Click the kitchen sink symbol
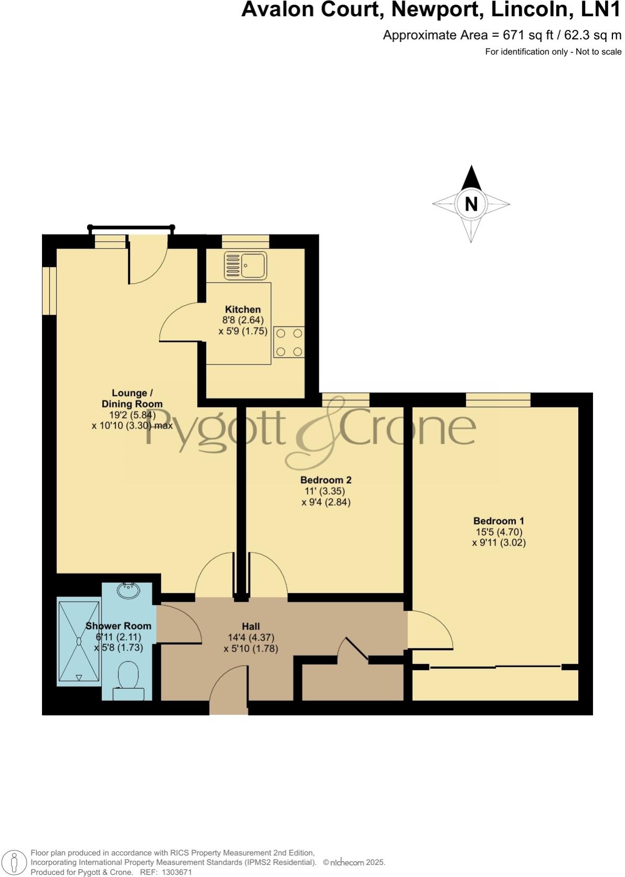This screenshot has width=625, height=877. pyautogui.click(x=245, y=265)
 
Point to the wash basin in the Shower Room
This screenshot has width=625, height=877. pyautogui.click(x=128, y=591)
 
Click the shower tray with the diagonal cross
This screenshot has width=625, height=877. pyautogui.click(x=79, y=641)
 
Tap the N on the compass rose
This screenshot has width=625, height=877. pyautogui.click(x=471, y=204)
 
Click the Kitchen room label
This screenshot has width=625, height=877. pyautogui.click(x=243, y=309)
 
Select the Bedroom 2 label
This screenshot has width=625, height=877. pyautogui.click(x=326, y=480)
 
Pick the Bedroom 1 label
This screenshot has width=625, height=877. pyautogui.click(x=499, y=521)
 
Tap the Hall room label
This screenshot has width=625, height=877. pyautogui.click(x=251, y=626)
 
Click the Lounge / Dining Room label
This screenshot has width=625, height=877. pyautogui.click(x=130, y=399)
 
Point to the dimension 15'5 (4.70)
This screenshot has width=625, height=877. pyautogui.click(x=499, y=532)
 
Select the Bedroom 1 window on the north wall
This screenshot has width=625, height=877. pyautogui.click(x=498, y=400)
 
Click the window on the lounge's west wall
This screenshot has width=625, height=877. pyautogui.click(x=49, y=291)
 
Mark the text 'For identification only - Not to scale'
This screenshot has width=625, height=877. pyautogui.click(x=553, y=51)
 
